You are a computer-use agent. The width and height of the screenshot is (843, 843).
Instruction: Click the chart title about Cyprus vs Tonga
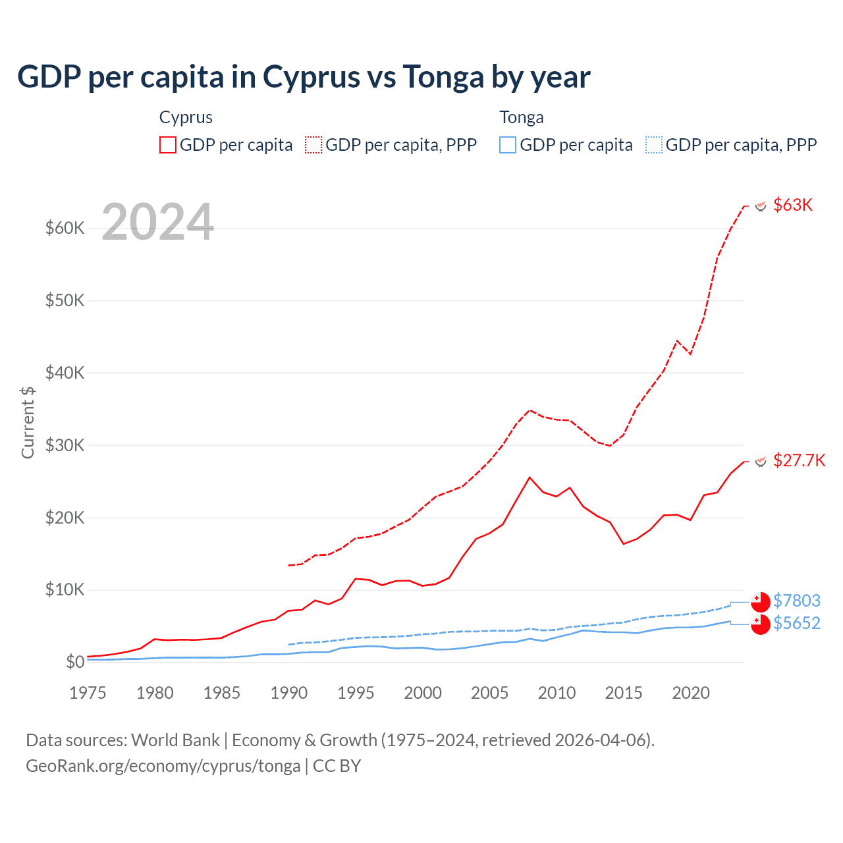coord(304,77)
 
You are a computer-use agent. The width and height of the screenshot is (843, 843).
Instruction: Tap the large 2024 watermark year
coord(158,222)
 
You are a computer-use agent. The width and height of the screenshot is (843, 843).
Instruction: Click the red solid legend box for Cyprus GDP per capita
coord(168,145)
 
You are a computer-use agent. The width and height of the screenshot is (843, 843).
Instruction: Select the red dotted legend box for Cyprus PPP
coord(313,145)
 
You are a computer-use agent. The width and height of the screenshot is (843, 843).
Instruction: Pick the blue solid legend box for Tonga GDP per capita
coord(508,145)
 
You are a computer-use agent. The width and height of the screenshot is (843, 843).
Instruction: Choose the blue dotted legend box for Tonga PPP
coord(654,145)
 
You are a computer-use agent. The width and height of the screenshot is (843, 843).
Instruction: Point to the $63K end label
coord(793,205)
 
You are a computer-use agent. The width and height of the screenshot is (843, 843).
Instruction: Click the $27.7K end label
coord(799,460)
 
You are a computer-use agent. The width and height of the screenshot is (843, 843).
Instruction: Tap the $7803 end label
coord(797,601)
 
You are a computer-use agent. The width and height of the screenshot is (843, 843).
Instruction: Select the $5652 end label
coord(797,623)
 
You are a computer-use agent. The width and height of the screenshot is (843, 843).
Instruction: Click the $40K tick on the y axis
coord(65,373)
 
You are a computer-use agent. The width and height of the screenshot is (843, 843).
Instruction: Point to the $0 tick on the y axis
coord(75,663)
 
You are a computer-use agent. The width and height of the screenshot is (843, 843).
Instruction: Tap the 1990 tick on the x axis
coord(289,693)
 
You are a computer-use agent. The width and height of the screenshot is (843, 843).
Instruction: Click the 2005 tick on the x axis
coord(490,693)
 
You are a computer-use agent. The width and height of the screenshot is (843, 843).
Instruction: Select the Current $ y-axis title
coord(28,422)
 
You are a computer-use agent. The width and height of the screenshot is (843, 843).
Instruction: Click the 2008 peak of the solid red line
coord(530,477)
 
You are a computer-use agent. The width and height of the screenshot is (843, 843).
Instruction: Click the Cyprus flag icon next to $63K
coord(761,206)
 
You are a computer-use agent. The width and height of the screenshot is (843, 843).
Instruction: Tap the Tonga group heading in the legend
coord(522,117)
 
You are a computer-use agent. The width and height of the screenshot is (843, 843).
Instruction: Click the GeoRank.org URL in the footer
coord(163,766)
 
